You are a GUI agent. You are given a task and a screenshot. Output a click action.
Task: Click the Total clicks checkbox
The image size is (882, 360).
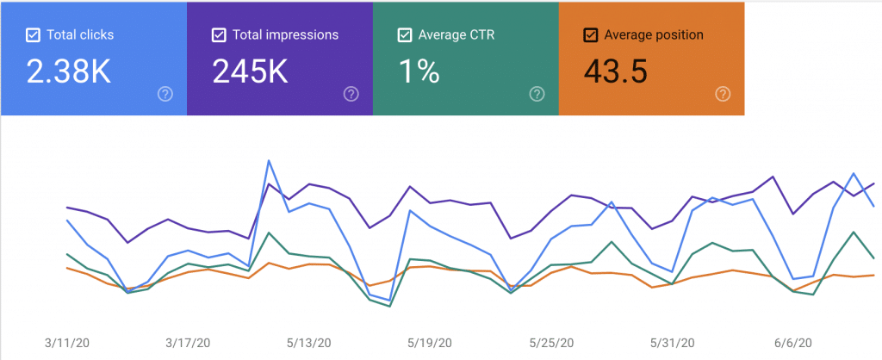click(33, 35)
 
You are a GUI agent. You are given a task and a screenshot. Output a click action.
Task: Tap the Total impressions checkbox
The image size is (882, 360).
click(219, 35)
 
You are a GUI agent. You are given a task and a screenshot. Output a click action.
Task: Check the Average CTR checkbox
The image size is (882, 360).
click(405, 35)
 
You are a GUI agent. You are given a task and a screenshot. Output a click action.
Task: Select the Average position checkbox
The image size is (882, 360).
click(591, 35)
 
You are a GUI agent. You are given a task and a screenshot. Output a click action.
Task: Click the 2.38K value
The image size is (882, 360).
click(69, 72)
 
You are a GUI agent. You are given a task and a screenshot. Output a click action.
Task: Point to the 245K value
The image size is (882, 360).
click(252, 72)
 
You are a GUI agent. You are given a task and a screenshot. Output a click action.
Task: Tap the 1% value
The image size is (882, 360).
click(419, 72)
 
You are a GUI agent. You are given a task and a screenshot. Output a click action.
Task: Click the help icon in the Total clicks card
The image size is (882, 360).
click(165, 94)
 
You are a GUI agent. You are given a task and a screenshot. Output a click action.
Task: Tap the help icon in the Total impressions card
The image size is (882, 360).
click(351, 94)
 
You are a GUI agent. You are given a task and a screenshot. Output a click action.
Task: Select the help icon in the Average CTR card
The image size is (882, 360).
click(537, 94)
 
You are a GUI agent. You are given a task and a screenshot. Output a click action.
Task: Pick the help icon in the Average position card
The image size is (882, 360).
click(724, 94)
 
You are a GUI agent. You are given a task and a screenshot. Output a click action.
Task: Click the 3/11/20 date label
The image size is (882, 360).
click(66, 342)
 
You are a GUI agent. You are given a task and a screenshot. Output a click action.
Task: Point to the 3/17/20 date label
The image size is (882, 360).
click(188, 342)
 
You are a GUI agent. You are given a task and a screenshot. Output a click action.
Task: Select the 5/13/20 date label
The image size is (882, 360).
click(309, 342)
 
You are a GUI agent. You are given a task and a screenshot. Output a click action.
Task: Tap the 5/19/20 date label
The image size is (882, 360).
click(431, 342)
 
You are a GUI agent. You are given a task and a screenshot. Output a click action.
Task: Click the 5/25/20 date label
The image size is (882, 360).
click(552, 342)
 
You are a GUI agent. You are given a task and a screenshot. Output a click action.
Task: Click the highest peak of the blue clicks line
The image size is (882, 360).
click(270, 160)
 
